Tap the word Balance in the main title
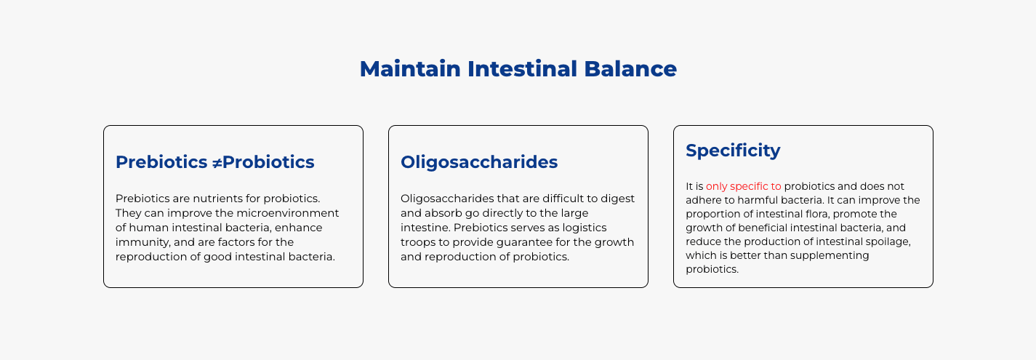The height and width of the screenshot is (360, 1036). click(x=630, y=69)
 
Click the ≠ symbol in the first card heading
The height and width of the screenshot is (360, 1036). click(x=216, y=162)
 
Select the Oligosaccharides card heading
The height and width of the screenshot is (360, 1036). click(x=479, y=162)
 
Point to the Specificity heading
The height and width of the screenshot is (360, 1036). click(x=733, y=151)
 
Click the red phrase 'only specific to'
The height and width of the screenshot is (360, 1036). click(x=743, y=186)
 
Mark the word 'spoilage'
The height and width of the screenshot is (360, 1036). click(x=889, y=241)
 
